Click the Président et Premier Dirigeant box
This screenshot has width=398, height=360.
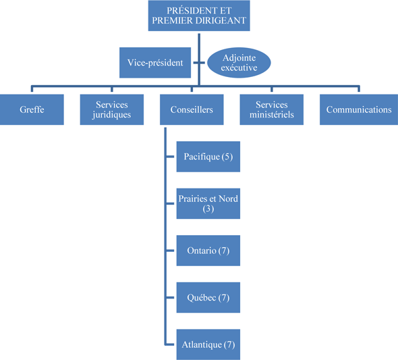(199, 16)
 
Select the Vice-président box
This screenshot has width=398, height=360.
(155, 63)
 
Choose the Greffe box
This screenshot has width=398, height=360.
(32, 109)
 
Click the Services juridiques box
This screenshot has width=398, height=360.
(112, 109)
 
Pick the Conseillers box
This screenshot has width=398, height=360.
(192, 109)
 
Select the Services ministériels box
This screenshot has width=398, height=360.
(272, 109)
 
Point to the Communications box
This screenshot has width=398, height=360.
(358, 109)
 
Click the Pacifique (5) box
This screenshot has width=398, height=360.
(208, 157)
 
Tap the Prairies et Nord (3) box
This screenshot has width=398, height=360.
(208, 203)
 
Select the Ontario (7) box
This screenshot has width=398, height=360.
(208, 251)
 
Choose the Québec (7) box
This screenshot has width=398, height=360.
(208, 297)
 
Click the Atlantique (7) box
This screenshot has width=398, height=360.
(208, 344)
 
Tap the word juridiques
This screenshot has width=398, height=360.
(112, 115)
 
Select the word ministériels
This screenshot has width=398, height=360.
(272, 115)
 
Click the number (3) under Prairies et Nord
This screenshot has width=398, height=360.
(208, 209)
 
